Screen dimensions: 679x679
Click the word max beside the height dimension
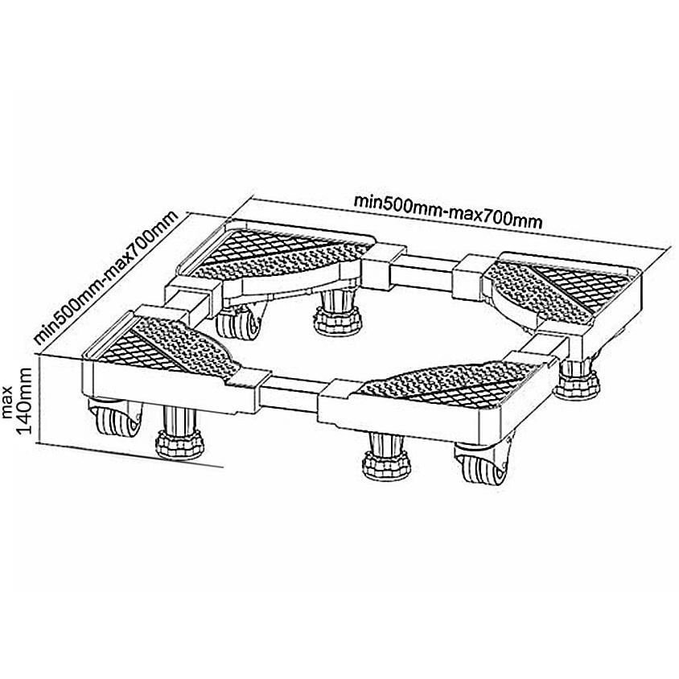(x=8, y=408)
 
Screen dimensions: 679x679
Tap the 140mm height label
(x=24, y=401)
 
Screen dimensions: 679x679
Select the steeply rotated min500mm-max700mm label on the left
(x=106, y=278)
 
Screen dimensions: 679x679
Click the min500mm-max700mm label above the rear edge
(x=448, y=211)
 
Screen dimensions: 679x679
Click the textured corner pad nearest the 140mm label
(x=163, y=346)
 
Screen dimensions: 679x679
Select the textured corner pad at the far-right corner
(x=562, y=289)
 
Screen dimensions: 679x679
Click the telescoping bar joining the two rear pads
(x=422, y=270)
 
